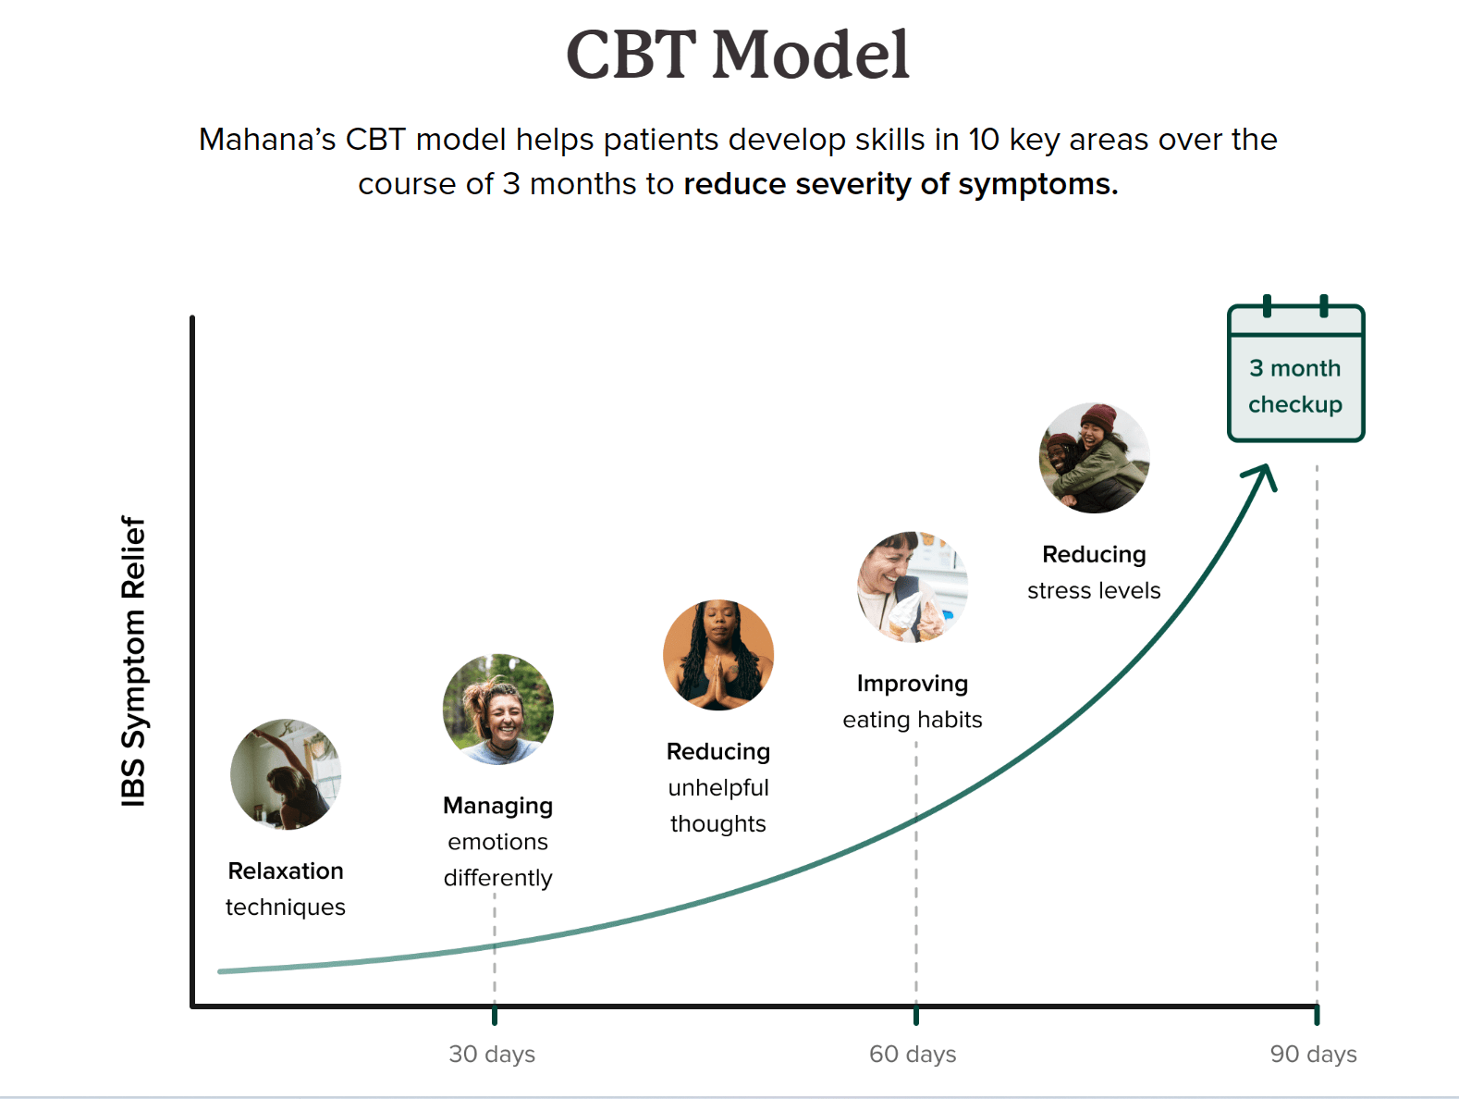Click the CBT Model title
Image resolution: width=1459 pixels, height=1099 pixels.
tap(738, 55)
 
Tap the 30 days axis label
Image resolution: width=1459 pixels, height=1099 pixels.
tap(492, 1054)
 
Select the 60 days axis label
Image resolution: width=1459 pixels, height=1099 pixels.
tap(913, 1054)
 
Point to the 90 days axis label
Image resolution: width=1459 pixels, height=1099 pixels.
tap(1313, 1054)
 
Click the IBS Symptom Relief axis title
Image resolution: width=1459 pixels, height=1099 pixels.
tap(134, 661)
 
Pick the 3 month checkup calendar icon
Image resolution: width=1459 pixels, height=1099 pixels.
tap(1295, 373)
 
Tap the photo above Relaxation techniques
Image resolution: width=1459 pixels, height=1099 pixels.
tap(286, 774)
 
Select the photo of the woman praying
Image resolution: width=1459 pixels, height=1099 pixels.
tap(718, 655)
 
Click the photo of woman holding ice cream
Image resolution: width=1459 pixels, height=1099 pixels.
tap(913, 587)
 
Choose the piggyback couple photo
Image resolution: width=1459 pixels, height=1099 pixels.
tap(1095, 458)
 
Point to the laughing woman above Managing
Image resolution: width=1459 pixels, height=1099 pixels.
tap(498, 710)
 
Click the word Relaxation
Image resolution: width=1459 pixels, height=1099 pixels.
tap(286, 871)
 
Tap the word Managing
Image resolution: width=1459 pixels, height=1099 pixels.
tap(497, 806)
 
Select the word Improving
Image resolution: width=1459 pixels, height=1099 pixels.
tap(913, 684)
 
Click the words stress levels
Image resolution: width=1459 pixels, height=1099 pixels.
tap(1094, 590)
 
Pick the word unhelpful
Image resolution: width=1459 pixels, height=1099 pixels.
tap(718, 787)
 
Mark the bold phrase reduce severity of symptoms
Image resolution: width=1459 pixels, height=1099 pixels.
tap(901, 184)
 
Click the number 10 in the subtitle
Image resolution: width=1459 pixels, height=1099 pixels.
tap(983, 140)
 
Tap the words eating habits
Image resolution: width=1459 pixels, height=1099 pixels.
tap(913, 720)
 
